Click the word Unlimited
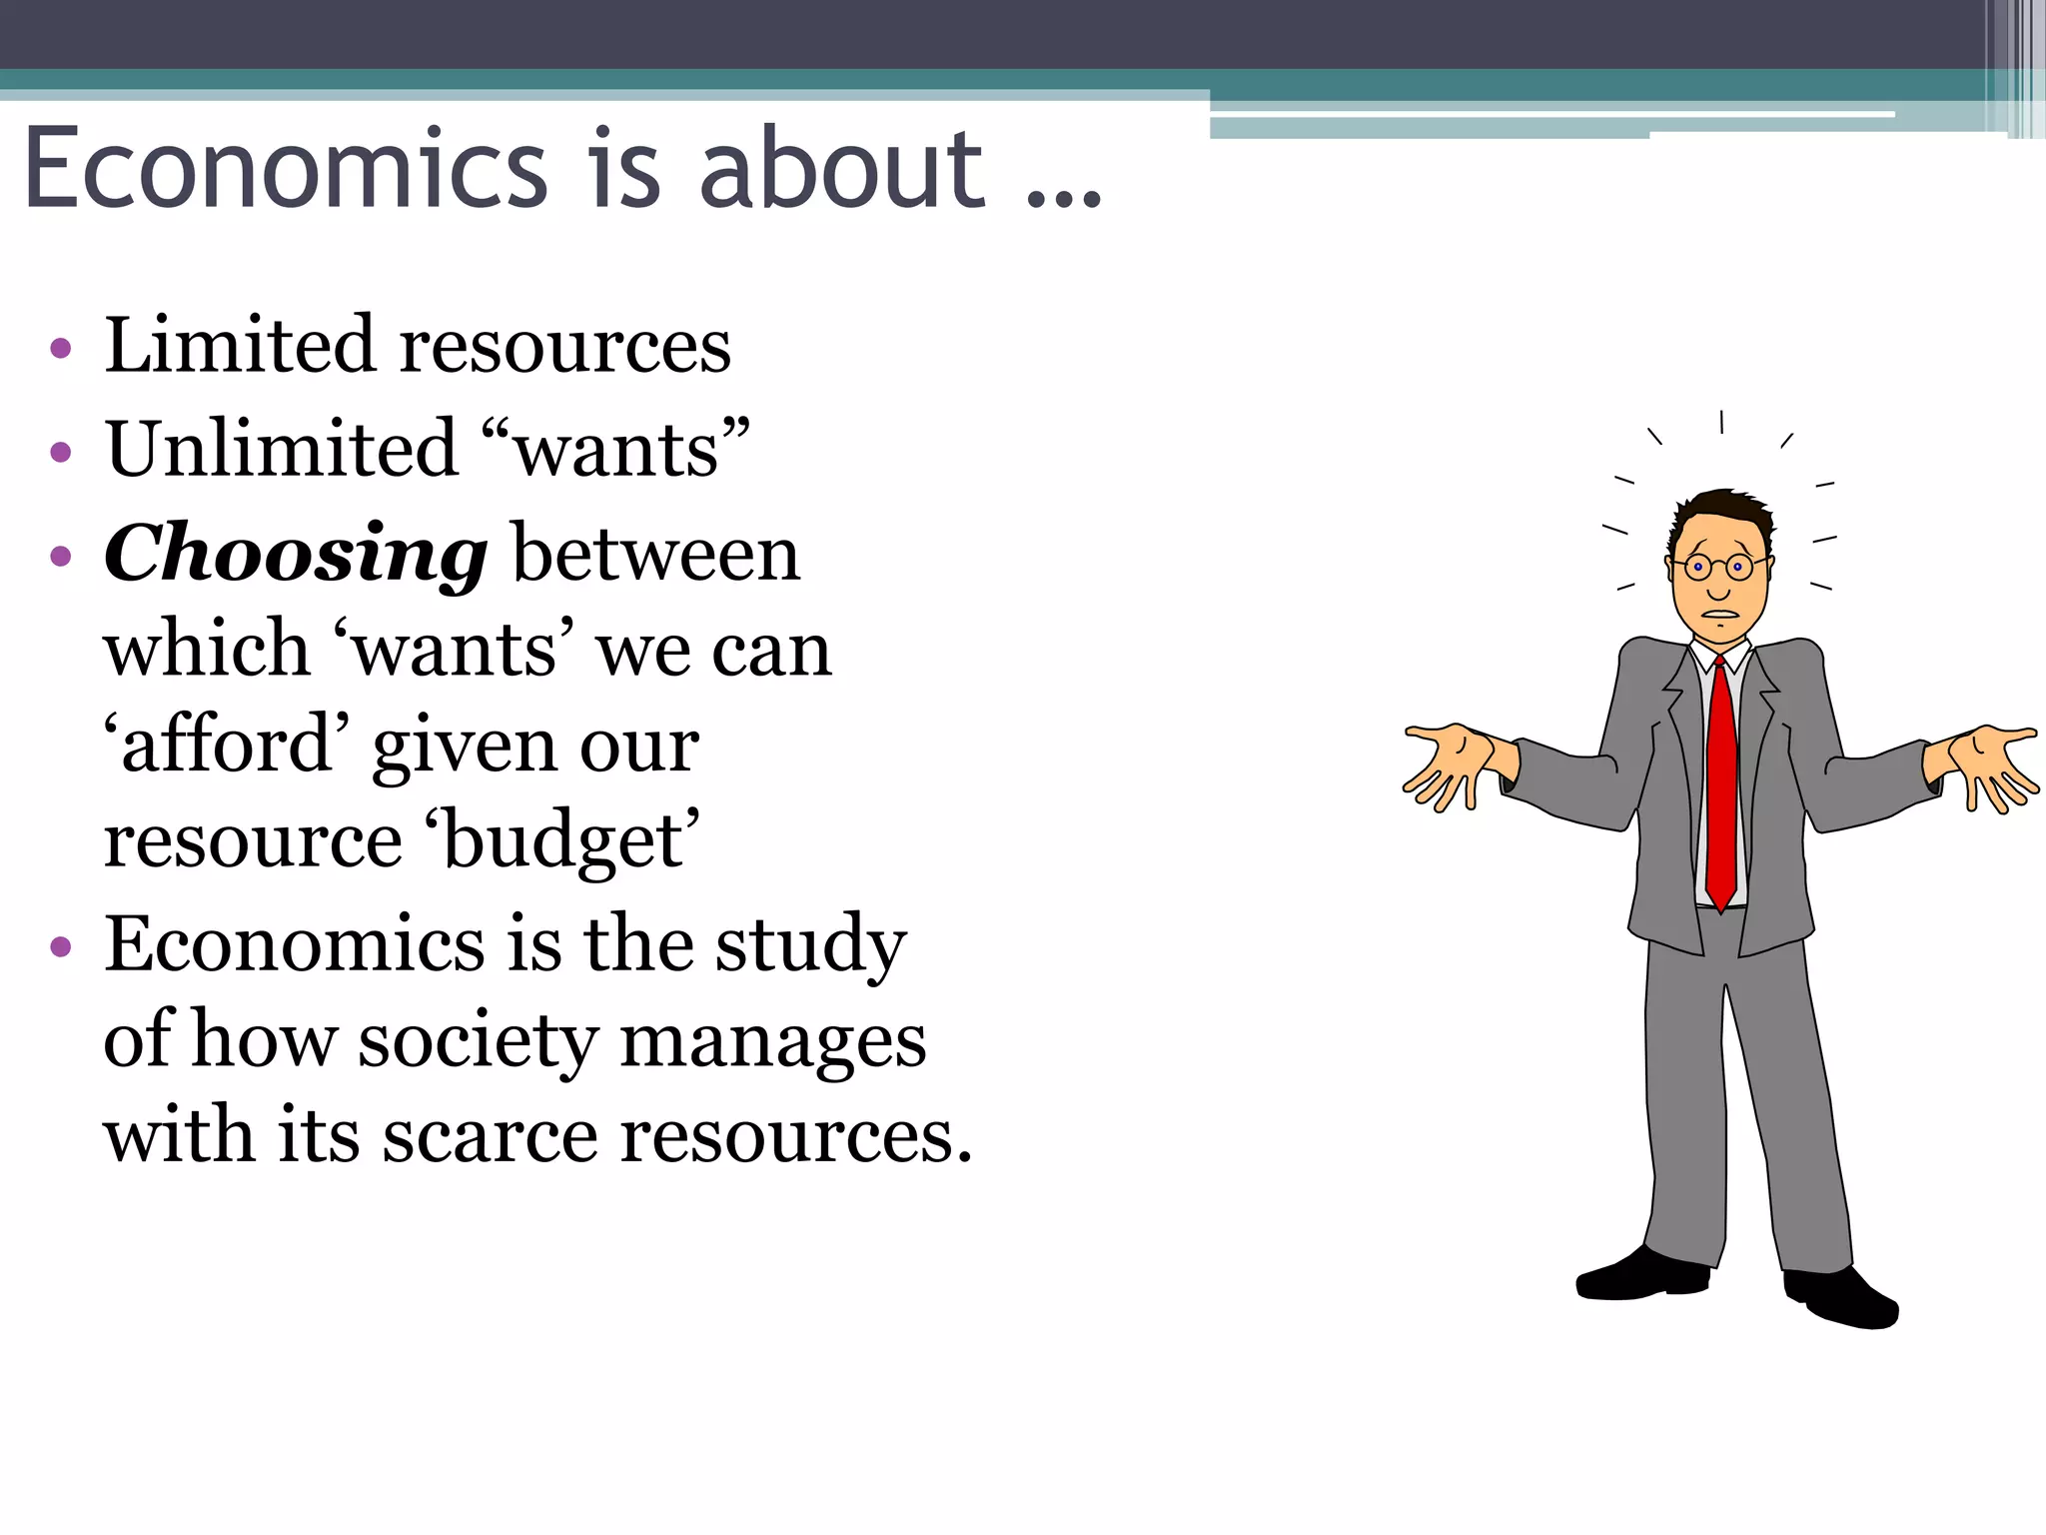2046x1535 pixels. pyautogui.click(x=282, y=449)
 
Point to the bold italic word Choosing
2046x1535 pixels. pyautogui.click(x=296, y=555)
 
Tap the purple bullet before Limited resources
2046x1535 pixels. pyautogui.click(x=61, y=348)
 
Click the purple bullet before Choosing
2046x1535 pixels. pyautogui.click(x=61, y=556)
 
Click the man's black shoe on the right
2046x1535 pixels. pyautogui.click(x=1843, y=1298)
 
